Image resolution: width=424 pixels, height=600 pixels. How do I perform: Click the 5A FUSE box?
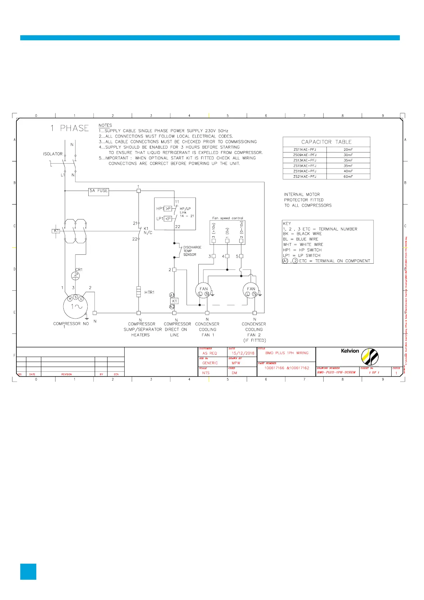[x=99, y=191]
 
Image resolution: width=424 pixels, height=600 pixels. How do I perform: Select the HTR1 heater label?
[x=150, y=293]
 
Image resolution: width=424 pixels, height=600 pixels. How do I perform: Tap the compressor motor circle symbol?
[x=75, y=306]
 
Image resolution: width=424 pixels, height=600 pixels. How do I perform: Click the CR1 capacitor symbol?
[x=75, y=275]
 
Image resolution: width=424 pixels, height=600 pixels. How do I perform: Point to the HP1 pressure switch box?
[x=168, y=209]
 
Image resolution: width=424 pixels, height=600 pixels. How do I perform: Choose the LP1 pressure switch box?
[x=168, y=219]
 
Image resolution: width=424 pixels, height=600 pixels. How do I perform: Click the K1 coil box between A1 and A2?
[x=174, y=301]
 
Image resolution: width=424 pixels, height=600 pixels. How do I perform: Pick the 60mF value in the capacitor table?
[x=348, y=177]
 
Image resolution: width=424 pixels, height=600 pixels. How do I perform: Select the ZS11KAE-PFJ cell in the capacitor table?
[x=305, y=150]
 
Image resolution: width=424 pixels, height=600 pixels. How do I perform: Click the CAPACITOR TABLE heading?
[x=326, y=142]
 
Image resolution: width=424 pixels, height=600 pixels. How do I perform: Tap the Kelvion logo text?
[x=350, y=351]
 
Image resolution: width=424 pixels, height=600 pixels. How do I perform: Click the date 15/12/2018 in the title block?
[x=243, y=353]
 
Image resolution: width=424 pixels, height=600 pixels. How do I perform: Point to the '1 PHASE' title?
[x=70, y=128]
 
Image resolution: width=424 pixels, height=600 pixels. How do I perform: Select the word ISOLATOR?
[x=53, y=154]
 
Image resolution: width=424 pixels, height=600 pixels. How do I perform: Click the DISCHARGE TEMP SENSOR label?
[x=192, y=251]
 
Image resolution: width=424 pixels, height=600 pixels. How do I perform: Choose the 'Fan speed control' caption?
[x=228, y=218]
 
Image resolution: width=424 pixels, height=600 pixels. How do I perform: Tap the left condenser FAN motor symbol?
[x=204, y=291]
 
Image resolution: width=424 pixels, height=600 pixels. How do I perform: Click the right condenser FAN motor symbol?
[x=251, y=291]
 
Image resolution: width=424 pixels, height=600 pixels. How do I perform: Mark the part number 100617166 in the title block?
[x=274, y=368]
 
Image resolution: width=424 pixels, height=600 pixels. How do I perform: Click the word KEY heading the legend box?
[x=287, y=224]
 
